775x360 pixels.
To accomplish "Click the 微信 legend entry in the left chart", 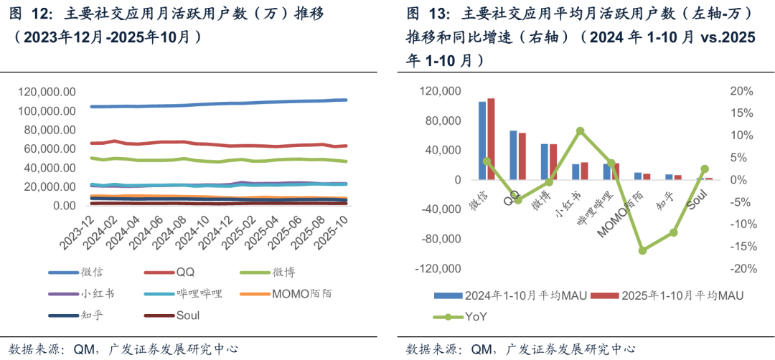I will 93,273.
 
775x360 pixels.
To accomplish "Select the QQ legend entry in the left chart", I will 185,273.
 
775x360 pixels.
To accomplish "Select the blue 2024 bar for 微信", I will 482,141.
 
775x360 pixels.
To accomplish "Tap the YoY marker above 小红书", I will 580,131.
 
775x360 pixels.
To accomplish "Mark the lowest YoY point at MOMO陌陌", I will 642,250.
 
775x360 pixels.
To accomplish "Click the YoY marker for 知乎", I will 674,232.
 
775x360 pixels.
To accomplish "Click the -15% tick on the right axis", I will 741,246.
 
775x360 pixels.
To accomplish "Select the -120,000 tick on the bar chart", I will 438,269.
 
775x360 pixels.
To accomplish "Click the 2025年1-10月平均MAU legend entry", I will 675,295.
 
